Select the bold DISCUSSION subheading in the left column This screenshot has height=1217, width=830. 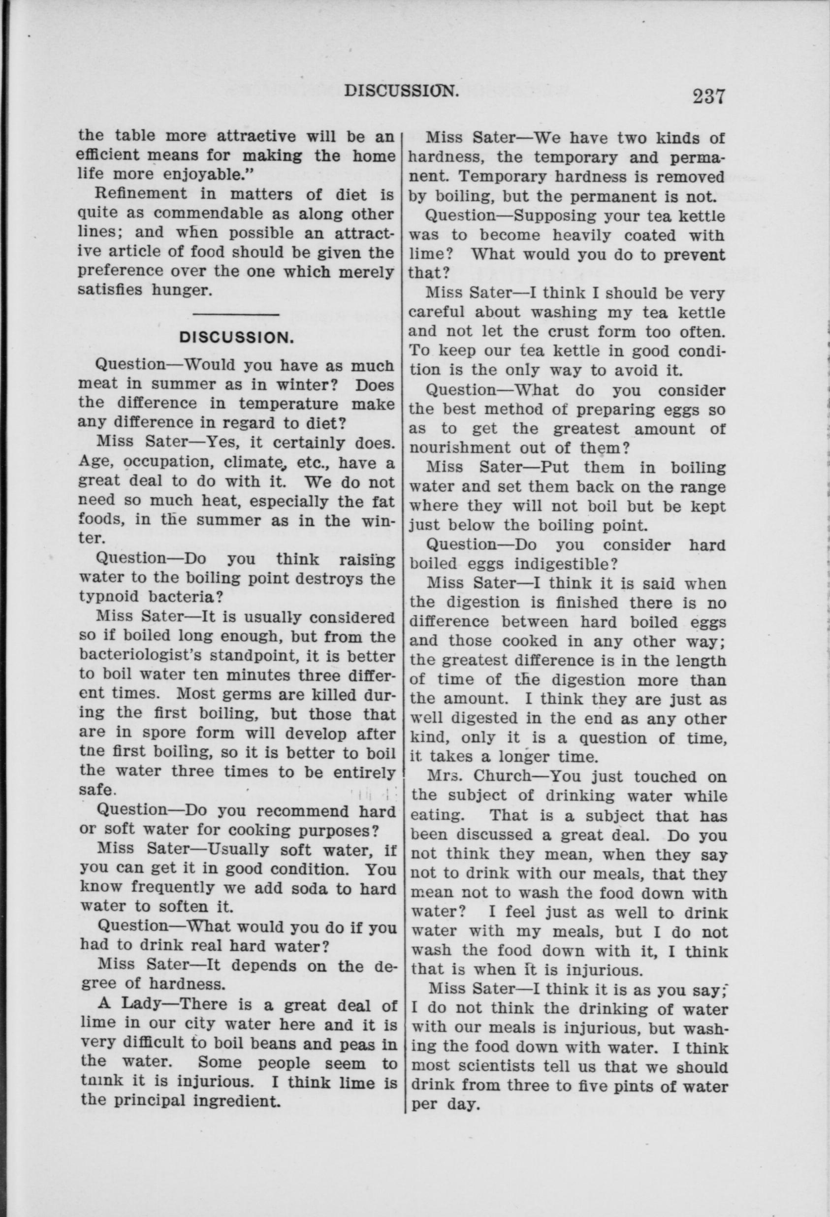tap(236, 338)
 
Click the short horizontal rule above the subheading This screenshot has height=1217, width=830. tap(237, 314)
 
